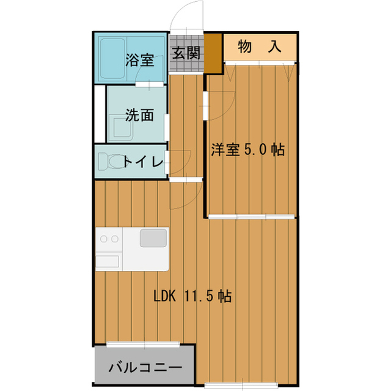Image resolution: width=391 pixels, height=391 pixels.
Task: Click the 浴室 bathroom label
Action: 139,60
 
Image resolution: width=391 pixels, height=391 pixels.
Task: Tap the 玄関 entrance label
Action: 186,54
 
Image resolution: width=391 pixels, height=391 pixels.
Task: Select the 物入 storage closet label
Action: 259,47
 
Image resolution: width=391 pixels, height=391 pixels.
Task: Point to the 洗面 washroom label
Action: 139,114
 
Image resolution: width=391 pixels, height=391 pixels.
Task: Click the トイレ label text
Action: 142,162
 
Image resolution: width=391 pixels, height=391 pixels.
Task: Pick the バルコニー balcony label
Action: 145,368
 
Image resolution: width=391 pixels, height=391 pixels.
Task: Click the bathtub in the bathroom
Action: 110,59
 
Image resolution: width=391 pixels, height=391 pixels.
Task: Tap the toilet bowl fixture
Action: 112,162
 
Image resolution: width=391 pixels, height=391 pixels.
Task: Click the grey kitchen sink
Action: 153,237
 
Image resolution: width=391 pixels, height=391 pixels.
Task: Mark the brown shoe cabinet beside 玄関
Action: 212,53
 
